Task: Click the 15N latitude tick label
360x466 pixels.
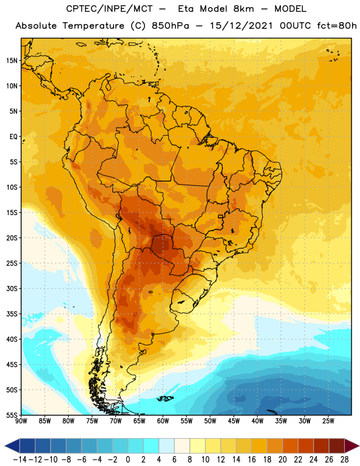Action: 12,61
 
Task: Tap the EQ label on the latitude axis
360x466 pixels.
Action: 13,137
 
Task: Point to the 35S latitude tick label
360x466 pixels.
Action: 12,314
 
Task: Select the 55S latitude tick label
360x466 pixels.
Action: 12,415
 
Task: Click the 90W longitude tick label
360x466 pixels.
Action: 21,421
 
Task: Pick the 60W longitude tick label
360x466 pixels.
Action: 163,421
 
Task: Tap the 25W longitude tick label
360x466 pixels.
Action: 328,421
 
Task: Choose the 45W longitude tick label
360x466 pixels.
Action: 234,421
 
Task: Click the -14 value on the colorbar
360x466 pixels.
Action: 20,460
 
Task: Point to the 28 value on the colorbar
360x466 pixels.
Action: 344,460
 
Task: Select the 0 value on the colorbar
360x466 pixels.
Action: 128,460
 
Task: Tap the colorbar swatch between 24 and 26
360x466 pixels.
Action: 322,446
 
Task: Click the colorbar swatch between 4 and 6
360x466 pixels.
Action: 167,446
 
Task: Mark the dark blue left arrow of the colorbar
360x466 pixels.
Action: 12,446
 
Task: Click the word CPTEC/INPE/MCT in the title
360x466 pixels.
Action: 109,9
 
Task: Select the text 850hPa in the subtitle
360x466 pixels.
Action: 170,26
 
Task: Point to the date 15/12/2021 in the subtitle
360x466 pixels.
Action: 241,26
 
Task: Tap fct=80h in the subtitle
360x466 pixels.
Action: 337,26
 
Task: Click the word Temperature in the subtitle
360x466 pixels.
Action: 93,26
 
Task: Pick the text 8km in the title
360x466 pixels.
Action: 243,9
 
